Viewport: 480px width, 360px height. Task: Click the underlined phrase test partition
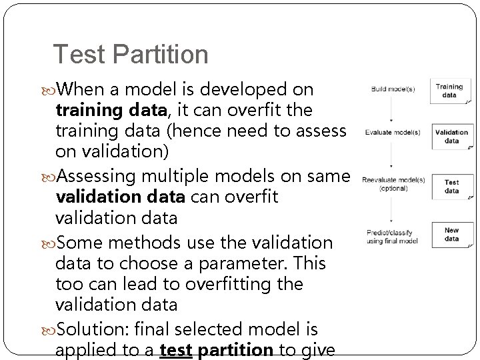tap(217, 350)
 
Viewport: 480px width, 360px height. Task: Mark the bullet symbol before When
tap(53, 90)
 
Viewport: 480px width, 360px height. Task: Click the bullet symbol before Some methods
tap(53, 242)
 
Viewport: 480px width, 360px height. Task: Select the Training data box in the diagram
tap(451, 91)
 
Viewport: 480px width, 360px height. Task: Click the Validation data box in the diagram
tap(451, 137)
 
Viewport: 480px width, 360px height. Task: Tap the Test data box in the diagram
tap(451, 186)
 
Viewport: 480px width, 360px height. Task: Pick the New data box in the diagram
tap(451, 235)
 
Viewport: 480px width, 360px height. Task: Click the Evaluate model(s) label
tap(393, 132)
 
